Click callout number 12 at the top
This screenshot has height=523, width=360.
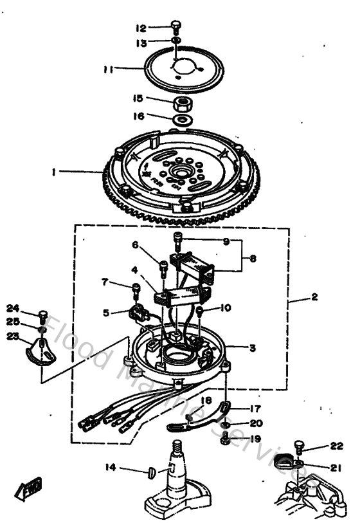(x=141, y=28)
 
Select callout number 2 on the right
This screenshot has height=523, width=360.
(x=314, y=297)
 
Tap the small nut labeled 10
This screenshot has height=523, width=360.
(x=200, y=311)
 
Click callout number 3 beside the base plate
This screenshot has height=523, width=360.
(x=253, y=348)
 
